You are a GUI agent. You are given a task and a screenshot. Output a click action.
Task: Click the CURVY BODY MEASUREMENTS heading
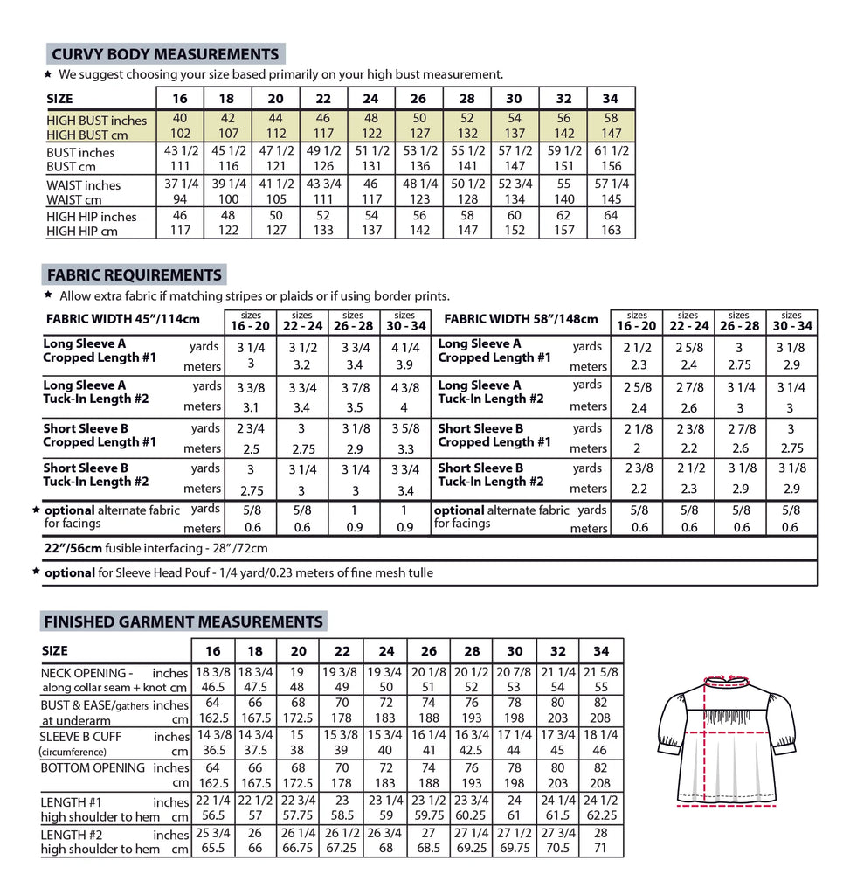(x=164, y=53)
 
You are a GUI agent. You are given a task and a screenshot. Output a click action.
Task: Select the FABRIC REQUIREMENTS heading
(x=134, y=275)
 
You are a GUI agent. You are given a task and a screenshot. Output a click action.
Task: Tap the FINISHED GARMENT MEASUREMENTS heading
(x=183, y=621)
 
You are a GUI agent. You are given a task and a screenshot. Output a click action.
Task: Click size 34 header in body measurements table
(x=611, y=99)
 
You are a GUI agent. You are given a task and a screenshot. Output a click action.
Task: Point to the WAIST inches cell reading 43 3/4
(x=323, y=184)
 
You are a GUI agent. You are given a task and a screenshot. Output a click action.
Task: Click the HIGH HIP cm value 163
(x=611, y=232)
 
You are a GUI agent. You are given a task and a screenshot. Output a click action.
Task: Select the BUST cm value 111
(x=180, y=166)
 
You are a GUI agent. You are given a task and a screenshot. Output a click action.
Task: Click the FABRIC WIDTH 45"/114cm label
(x=123, y=320)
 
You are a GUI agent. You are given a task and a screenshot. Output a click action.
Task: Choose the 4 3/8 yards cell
(x=404, y=385)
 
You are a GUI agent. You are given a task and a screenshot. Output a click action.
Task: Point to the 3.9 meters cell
(x=404, y=364)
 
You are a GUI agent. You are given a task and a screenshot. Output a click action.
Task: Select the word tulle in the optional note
(x=416, y=572)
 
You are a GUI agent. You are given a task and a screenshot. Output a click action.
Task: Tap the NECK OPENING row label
(x=86, y=673)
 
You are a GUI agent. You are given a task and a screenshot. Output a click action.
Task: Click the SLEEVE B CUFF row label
(x=82, y=737)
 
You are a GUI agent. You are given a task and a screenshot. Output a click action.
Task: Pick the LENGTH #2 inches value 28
(x=601, y=834)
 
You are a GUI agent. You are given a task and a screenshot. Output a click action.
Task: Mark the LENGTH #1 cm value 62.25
(x=601, y=816)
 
